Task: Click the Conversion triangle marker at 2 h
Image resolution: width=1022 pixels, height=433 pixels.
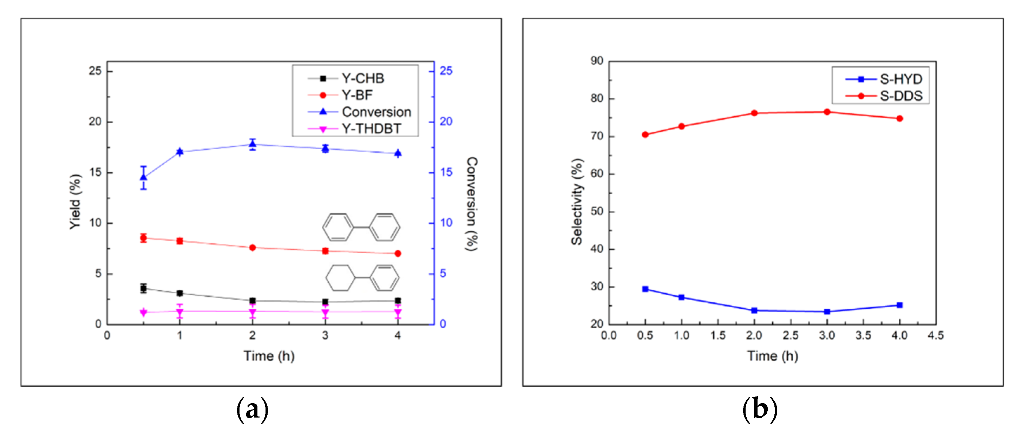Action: click(252, 144)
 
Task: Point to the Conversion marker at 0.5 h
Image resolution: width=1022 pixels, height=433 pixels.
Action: click(144, 177)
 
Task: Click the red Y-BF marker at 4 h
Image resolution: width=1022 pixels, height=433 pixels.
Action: click(398, 254)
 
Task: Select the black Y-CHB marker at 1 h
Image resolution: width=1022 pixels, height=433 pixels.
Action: click(180, 293)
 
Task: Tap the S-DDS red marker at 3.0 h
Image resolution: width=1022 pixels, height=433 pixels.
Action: click(827, 112)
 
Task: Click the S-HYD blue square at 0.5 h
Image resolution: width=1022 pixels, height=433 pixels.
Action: click(646, 289)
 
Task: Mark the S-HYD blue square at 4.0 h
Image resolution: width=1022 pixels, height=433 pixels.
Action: click(900, 305)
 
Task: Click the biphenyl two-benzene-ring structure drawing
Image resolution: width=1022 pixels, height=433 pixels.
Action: click(361, 228)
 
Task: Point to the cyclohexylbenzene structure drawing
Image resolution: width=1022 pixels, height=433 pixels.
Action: click(362, 278)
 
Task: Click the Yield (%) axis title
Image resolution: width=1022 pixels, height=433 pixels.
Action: click(75, 202)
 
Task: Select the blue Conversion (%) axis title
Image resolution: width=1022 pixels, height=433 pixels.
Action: click(472, 204)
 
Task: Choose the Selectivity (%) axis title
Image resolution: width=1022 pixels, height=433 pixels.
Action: click(577, 202)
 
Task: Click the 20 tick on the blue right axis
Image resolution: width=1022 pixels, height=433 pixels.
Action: click(446, 122)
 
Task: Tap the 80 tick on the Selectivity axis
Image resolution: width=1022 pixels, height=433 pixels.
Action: click(597, 98)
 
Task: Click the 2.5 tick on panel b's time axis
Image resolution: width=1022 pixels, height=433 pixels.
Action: click(790, 336)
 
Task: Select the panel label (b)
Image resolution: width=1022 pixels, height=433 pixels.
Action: click(759, 409)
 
